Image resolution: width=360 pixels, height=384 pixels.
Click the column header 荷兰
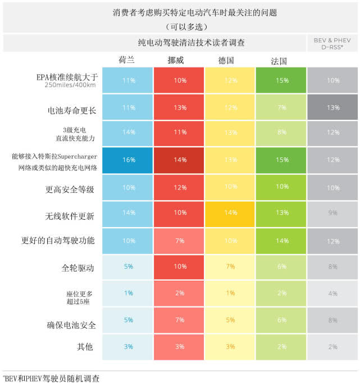(x=126, y=60)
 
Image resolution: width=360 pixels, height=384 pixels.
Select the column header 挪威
(x=177, y=60)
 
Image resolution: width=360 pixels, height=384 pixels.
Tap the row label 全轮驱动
(x=78, y=268)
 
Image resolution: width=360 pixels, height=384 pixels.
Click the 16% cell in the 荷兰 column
(x=129, y=160)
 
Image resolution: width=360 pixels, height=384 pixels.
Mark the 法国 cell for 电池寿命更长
(x=281, y=107)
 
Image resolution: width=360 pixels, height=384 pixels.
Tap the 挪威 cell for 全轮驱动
(x=180, y=266)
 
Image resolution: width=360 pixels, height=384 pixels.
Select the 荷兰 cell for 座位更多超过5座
(x=129, y=293)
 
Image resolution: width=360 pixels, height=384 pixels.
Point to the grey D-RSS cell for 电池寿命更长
(x=333, y=107)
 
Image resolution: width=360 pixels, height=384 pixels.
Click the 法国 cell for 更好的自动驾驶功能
(x=281, y=241)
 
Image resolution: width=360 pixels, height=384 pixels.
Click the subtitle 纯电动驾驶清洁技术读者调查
(x=192, y=43)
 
